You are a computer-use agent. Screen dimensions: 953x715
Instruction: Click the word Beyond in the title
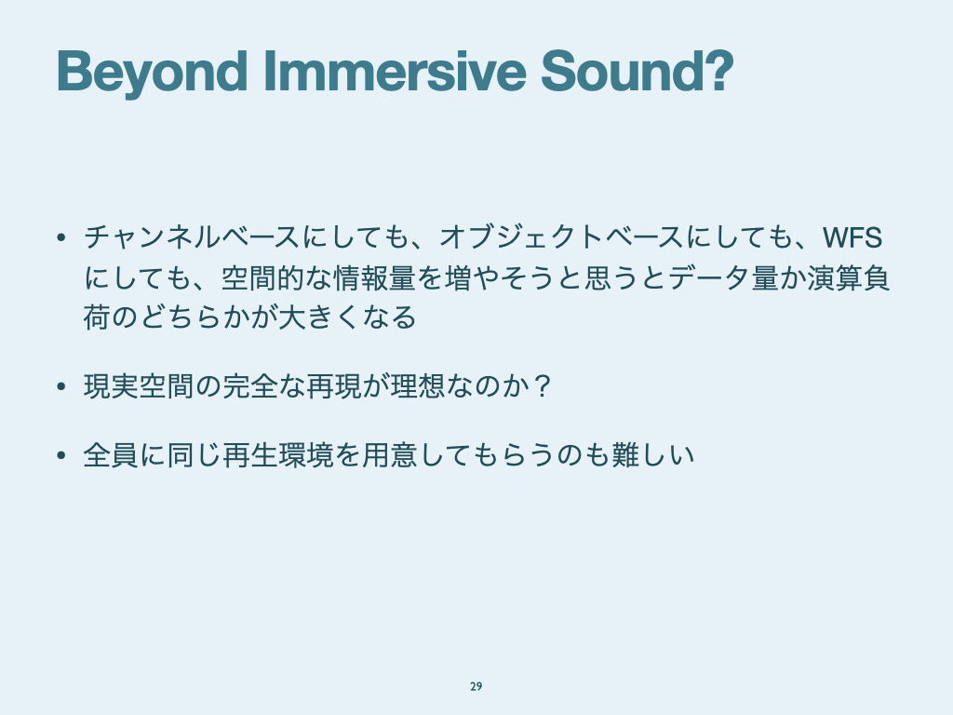[x=152, y=73]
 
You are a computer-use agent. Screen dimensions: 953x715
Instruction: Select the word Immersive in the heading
[x=395, y=71]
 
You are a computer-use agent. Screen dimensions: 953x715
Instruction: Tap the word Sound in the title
[x=623, y=71]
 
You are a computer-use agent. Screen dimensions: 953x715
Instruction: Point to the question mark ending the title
[x=720, y=71]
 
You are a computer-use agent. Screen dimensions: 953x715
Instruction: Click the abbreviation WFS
[x=852, y=237]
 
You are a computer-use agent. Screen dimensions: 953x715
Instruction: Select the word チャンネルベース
[x=192, y=237]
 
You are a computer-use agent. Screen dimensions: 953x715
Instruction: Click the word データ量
[x=724, y=277]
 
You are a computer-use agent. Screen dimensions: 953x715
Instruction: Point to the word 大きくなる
[x=346, y=317]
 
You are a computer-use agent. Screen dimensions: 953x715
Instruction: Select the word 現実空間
[x=140, y=386]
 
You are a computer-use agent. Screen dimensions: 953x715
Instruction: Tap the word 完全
[x=249, y=386]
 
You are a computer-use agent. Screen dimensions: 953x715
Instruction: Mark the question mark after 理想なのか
[x=541, y=386]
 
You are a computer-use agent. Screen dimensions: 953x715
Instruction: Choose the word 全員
[x=112, y=454]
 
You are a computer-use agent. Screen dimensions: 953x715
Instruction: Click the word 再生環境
[x=277, y=454]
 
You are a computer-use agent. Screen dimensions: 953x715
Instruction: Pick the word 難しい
[x=652, y=454]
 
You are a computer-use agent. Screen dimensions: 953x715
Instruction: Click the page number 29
[x=476, y=686]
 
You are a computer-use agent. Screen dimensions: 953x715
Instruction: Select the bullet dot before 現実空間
[x=60, y=386]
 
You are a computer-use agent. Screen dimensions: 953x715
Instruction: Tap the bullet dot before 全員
[x=60, y=455]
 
